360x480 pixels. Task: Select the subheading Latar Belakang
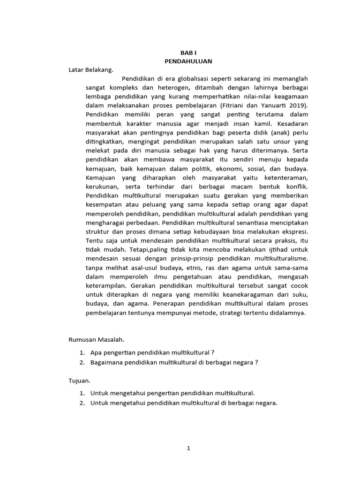coord(91,70)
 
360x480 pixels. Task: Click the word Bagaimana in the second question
coord(105,362)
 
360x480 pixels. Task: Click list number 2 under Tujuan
coord(82,403)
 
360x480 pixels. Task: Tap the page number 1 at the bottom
coord(188,448)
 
